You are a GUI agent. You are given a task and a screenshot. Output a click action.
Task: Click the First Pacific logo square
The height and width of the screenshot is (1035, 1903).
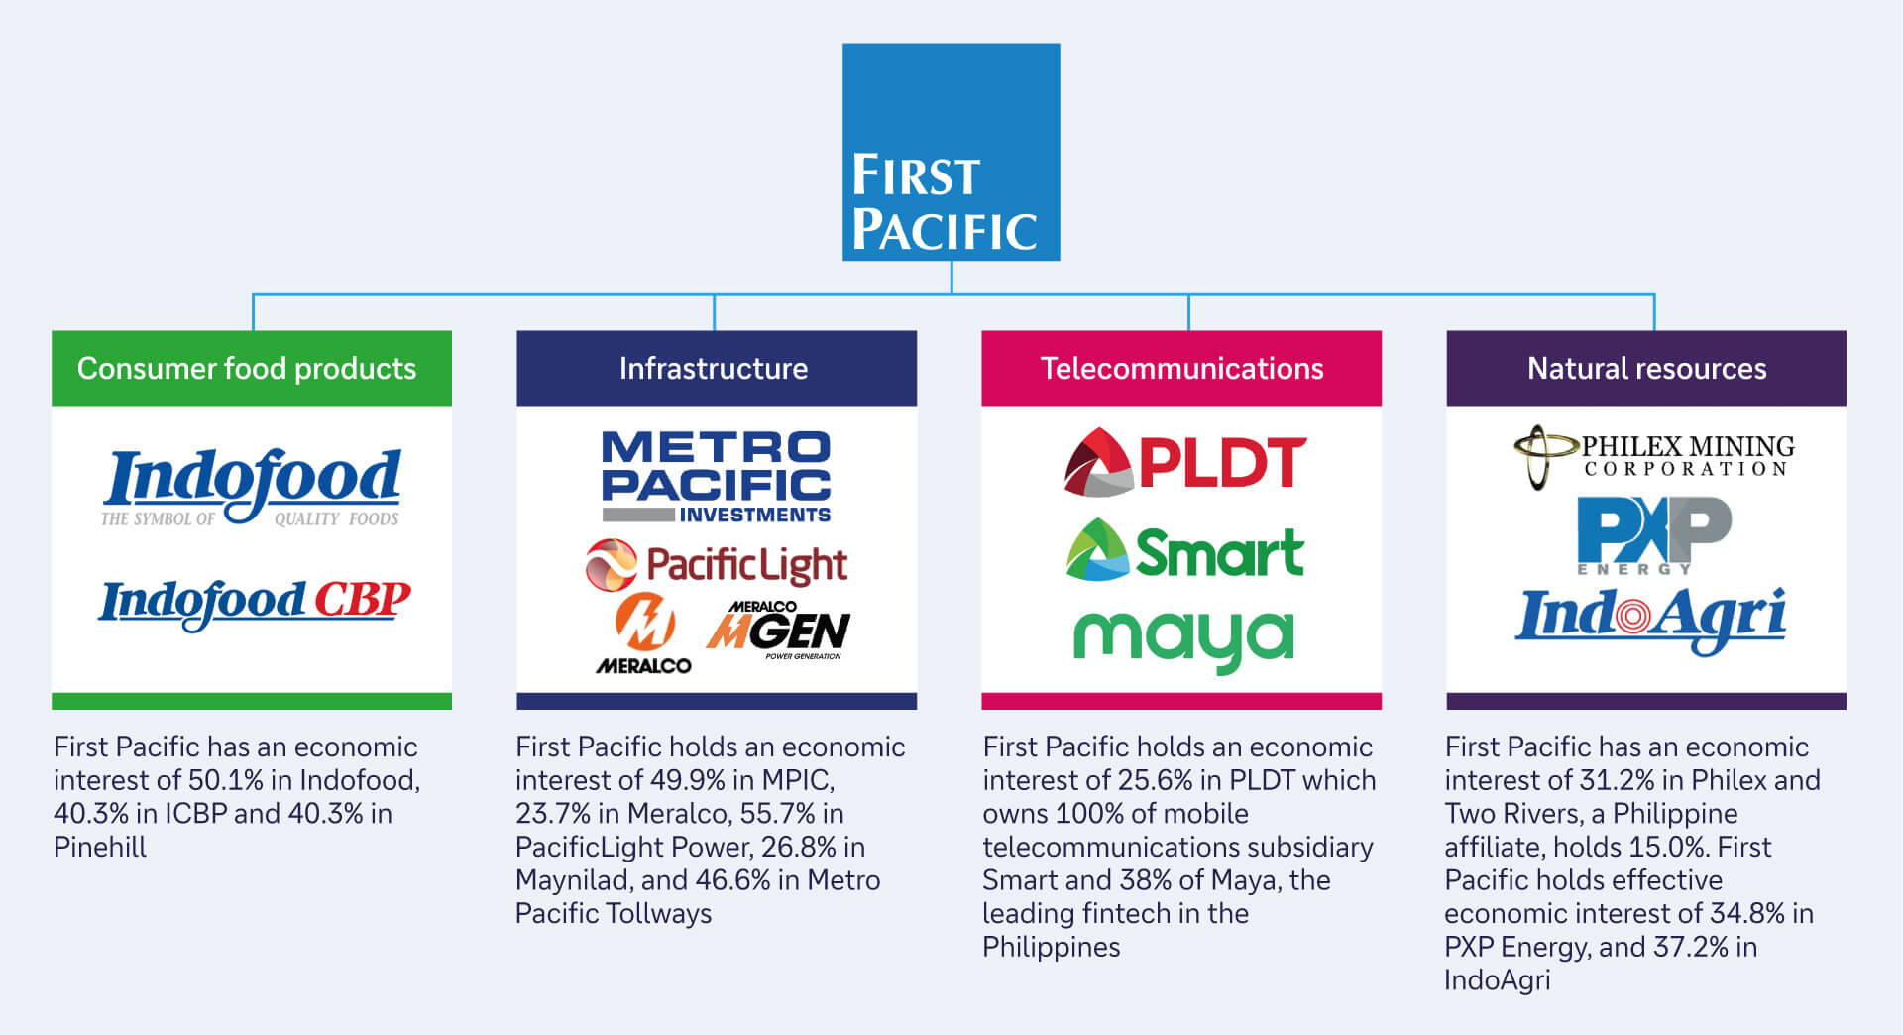[951, 152]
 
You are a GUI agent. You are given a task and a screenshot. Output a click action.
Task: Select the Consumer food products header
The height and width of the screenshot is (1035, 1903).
[251, 369]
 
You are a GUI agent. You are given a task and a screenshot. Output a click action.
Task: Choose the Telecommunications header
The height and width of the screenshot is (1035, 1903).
[1180, 369]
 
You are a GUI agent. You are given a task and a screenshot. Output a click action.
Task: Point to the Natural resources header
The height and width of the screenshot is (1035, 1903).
[1645, 369]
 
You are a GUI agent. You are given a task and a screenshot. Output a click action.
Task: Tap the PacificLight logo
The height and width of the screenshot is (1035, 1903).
[716, 565]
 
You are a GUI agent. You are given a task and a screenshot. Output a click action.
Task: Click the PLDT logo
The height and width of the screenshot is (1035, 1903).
[1185, 463]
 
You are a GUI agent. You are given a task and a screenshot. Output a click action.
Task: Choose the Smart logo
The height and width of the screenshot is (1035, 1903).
[1185, 551]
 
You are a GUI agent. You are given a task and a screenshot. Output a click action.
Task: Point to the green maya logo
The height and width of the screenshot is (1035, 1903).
[1183, 639]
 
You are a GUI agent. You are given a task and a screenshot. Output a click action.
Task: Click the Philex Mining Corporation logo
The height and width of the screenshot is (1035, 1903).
[1653, 456]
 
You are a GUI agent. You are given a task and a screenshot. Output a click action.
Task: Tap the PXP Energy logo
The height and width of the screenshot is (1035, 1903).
[1653, 534]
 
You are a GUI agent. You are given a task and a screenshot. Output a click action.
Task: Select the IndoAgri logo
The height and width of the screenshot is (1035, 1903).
[1651, 618]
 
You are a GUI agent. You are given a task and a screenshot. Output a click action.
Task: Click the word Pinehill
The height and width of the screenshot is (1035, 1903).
[100, 847]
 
